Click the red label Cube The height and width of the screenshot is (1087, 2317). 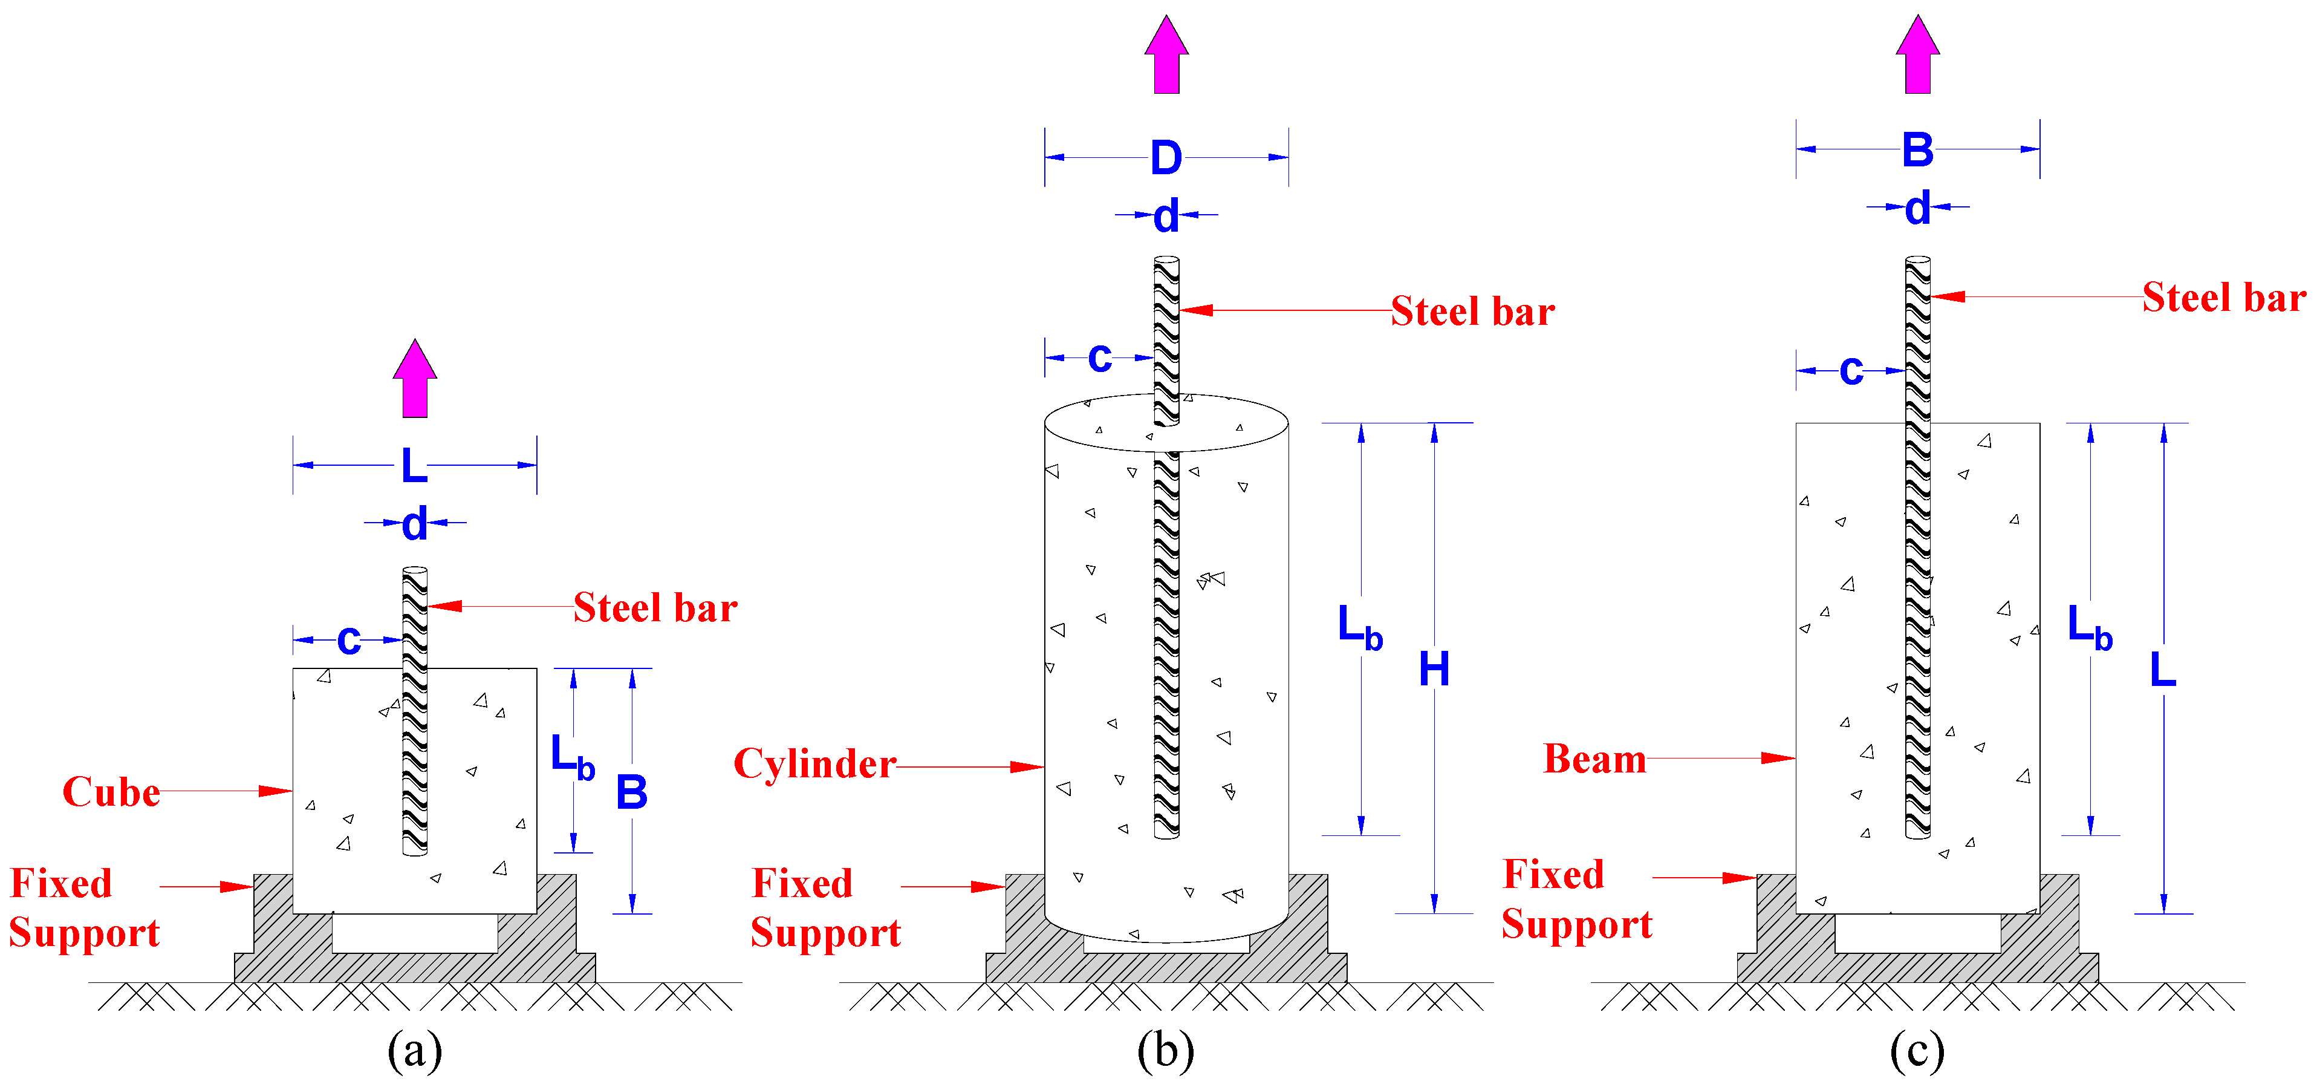(111, 792)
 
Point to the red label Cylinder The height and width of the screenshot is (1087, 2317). (814, 764)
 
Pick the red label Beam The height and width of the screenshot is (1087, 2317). (1594, 759)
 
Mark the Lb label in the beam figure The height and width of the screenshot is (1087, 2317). (2088, 627)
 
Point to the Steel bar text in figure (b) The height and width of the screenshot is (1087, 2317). (1472, 312)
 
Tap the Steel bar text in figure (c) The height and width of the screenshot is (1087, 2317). (2223, 298)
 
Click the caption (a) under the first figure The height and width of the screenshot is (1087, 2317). (415, 1050)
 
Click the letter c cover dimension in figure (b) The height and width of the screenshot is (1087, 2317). (1099, 357)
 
